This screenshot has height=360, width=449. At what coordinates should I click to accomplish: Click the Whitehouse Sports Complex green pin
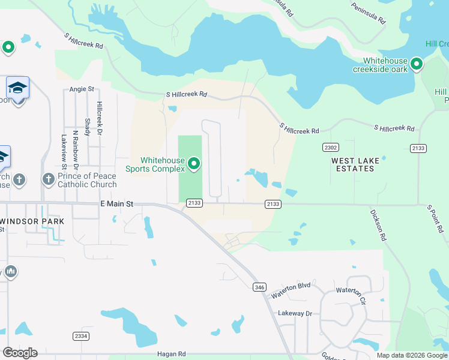click(194, 163)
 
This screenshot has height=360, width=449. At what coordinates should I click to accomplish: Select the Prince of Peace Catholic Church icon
click(49, 179)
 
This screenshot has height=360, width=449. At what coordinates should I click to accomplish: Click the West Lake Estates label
click(353, 164)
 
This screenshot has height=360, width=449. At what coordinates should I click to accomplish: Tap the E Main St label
click(116, 205)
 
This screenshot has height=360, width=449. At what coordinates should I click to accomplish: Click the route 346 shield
click(259, 287)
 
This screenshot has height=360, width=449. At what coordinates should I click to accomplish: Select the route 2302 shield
click(331, 148)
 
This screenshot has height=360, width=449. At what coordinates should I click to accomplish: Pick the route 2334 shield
click(80, 336)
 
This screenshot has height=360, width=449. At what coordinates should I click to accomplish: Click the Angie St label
click(82, 89)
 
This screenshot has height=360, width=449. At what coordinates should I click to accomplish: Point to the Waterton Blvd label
click(291, 291)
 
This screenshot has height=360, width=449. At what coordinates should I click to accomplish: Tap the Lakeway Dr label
click(295, 313)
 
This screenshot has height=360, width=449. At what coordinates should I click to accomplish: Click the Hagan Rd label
click(172, 355)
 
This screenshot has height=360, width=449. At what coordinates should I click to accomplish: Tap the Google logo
click(20, 353)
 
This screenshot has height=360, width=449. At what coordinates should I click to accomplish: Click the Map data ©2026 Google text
click(411, 355)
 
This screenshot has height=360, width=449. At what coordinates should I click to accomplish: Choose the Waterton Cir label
click(350, 292)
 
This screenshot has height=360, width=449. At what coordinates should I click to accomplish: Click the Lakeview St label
click(64, 151)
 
